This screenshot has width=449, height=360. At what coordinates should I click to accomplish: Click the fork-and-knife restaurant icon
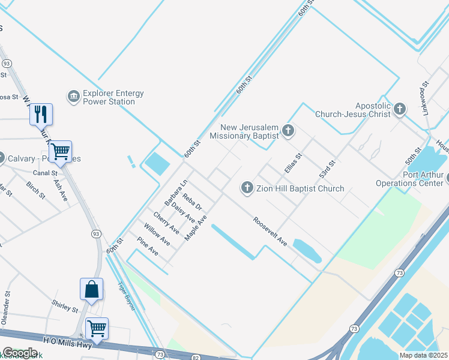[41, 113]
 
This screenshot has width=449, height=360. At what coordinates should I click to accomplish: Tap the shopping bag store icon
[91, 289]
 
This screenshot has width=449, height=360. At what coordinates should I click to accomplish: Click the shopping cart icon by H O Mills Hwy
[97, 328]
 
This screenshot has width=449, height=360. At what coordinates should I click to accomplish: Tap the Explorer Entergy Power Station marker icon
[74, 97]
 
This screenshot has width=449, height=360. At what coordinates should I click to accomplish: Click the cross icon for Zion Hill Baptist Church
[246, 188]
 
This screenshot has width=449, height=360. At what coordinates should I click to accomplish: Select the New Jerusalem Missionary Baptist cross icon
[288, 130]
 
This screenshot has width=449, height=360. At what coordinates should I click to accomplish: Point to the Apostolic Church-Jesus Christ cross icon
[400, 109]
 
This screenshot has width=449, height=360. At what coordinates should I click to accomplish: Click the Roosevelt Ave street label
[270, 230]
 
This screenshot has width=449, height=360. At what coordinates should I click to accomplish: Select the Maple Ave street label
[196, 228]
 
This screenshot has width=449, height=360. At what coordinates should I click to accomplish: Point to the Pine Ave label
[148, 246]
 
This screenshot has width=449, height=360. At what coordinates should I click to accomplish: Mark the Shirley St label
[65, 306]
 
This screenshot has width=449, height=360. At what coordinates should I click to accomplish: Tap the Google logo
[20, 352]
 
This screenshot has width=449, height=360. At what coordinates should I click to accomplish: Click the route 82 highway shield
[196, 357]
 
